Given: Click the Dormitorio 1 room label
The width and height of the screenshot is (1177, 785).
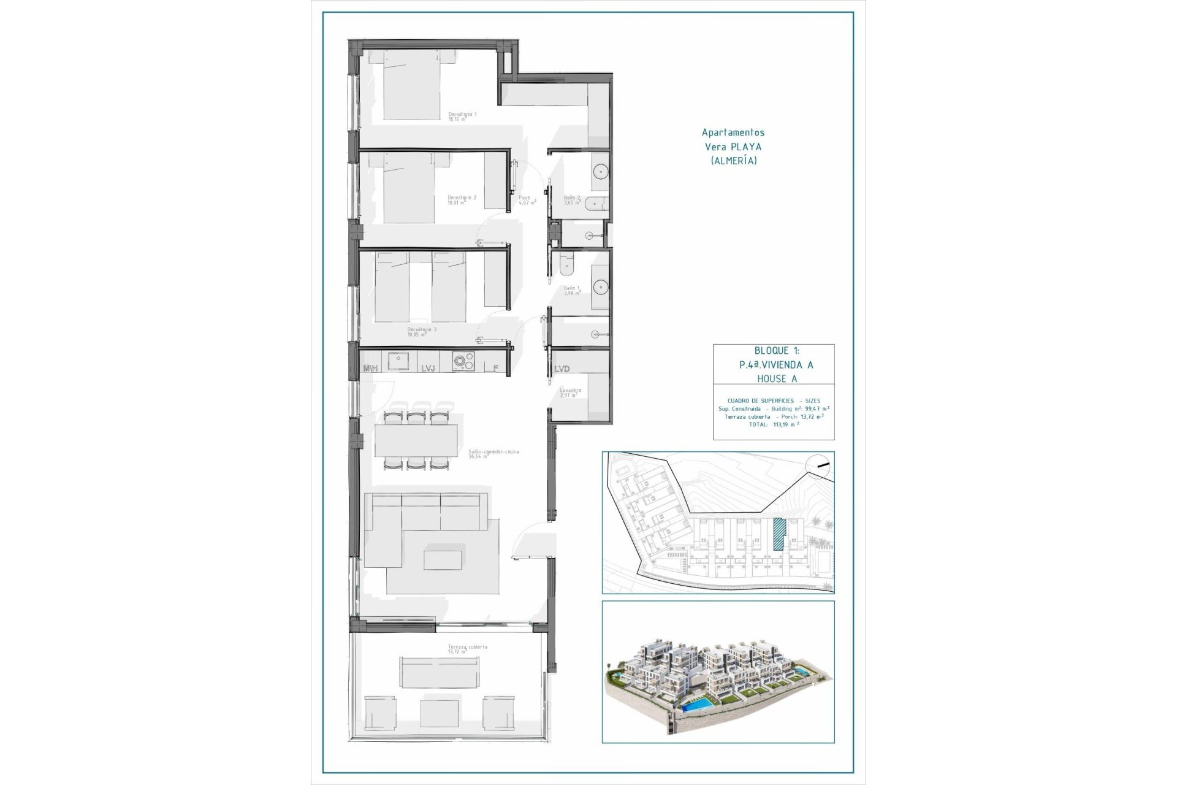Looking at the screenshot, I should pyautogui.click(x=462, y=117).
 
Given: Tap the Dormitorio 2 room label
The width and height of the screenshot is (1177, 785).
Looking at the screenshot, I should pyautogui.click(x=462, y=199).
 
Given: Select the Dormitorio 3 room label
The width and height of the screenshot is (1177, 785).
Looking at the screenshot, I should pyautogui.click(x=422, y=332).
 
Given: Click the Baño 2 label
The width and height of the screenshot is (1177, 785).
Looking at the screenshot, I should pyautogui.click(x=572, y=200).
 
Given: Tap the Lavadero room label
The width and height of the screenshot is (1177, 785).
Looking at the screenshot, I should pyautogui.click(x=570, y=392).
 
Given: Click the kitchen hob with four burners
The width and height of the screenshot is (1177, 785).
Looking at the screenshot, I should pyautogui.click(x=463, y=362).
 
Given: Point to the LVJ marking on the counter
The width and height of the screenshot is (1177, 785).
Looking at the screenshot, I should pyautogui.click(x=428, y=369).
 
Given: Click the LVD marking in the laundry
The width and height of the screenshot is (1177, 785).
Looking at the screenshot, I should pyautogui.click(x=562, y=369).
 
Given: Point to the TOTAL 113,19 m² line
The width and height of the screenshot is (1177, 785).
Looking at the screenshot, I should pyautogui.click(x=774, y=424).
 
